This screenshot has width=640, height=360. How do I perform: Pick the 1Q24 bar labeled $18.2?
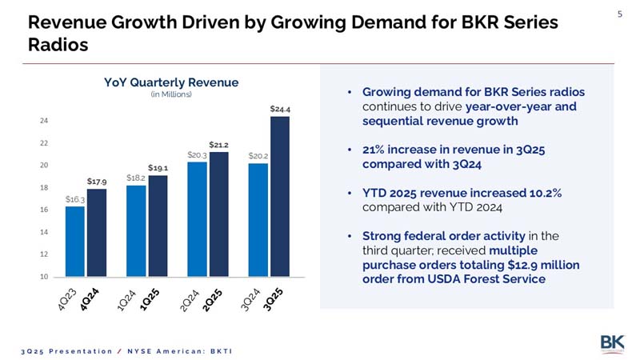tap(136, 231)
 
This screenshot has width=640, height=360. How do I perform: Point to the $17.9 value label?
tap(97, 182)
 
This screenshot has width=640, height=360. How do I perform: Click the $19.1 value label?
tap(158, 168)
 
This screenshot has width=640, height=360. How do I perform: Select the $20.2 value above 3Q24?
tap(258, 156)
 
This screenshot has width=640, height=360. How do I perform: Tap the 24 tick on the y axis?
tap(43, 121)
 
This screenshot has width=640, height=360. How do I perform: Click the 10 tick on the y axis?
tap(43, 277)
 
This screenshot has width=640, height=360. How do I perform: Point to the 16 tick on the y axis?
tap(43, 210)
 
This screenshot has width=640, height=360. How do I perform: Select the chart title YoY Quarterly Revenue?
tap(171, 82)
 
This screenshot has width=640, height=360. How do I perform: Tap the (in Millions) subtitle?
tap(171, 94)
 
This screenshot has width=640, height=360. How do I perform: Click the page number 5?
tap(619, 13)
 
